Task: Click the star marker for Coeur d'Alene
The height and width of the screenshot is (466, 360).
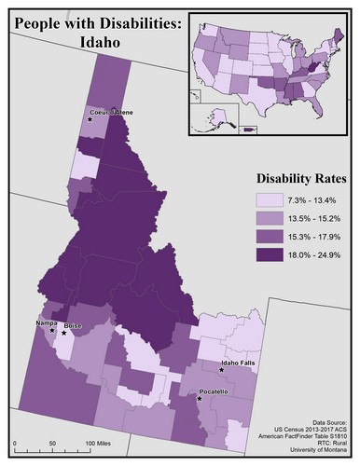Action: point(90,119)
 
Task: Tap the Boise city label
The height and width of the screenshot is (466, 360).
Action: point(74,326)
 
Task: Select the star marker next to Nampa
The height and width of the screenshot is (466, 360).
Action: point(52,330)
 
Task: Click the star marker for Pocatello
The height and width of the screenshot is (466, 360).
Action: point(200,399)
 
